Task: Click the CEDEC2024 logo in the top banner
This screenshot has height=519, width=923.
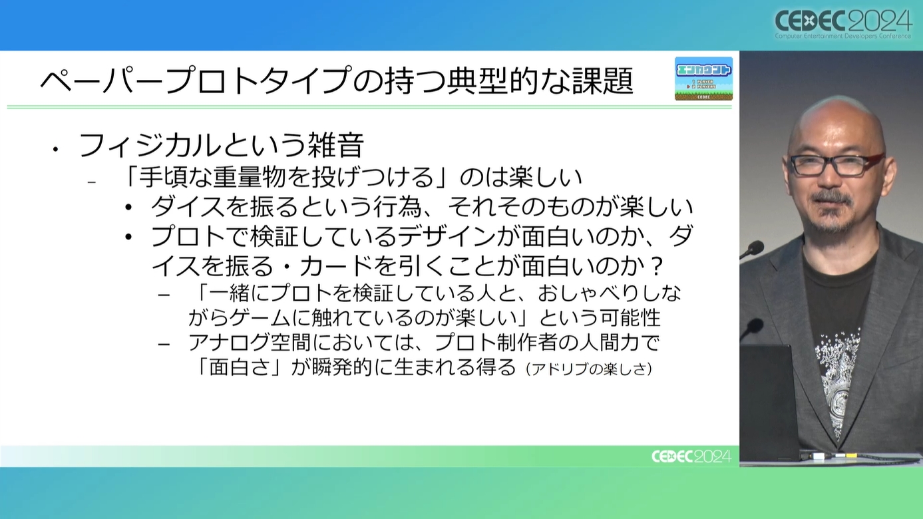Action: tap(843, 24)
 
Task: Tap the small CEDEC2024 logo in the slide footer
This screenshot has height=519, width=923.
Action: tap(691, 456)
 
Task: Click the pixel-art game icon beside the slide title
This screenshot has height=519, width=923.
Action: tap(703, 79)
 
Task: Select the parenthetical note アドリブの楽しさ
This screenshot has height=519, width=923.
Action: tap(589, 369)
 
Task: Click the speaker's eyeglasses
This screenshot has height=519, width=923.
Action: tap(836, 164)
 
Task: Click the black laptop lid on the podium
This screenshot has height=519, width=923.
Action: tap(769, 402)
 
